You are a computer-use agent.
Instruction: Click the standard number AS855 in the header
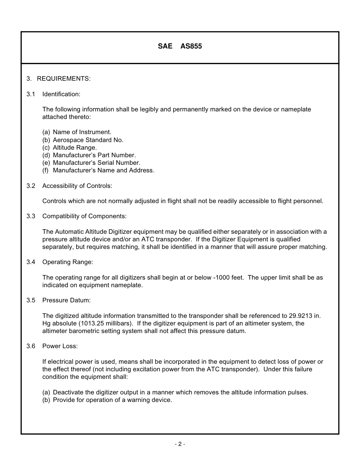(191, 47)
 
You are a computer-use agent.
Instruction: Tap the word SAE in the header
(165, 47)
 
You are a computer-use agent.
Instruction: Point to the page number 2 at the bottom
(180, 444)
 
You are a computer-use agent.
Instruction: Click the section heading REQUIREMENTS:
(64, 79)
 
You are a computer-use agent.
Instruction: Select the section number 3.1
(31, 94)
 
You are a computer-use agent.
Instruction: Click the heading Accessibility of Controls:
(77, 186)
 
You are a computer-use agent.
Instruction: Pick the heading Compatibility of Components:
(85, 216)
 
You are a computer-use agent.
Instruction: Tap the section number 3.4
(31, 262)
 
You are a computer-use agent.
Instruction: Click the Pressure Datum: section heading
(66, 300)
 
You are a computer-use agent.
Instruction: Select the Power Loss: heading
(60, 346)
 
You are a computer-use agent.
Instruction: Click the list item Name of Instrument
(82, 132)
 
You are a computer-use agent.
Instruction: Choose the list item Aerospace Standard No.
(88, 140)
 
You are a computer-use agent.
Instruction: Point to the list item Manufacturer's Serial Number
(97, 163)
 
